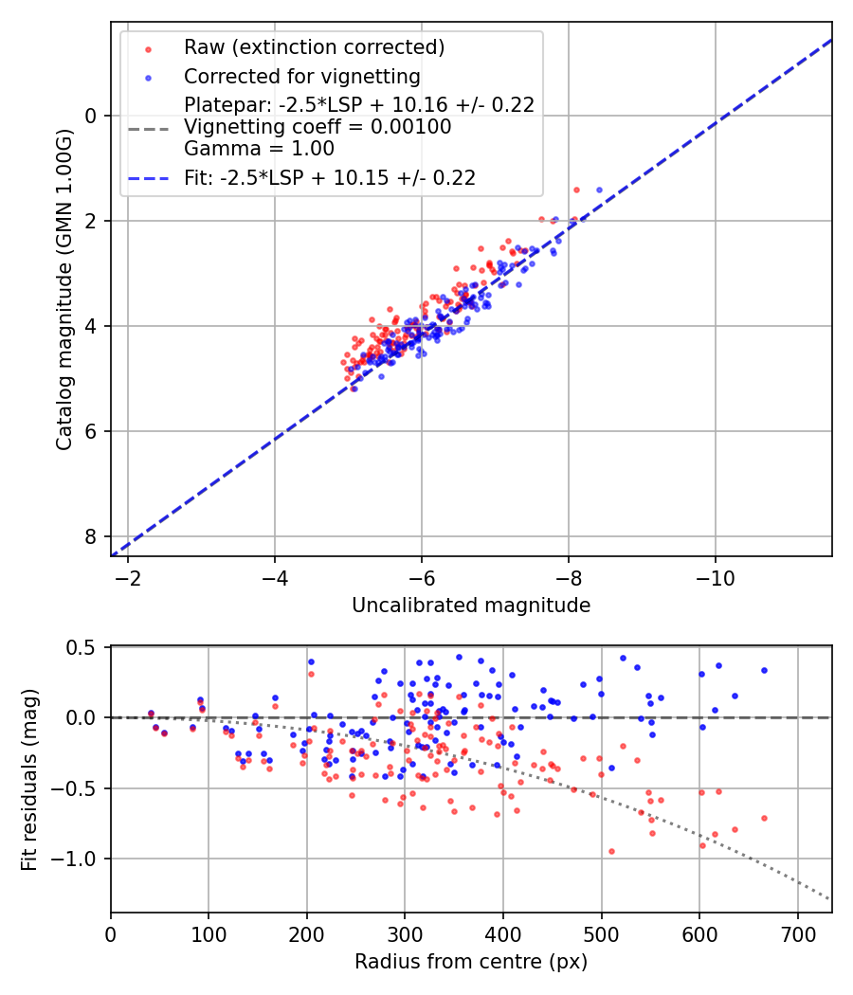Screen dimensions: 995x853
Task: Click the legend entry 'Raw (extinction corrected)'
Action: (x=314, y=47)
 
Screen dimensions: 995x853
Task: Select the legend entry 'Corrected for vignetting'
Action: (x=301, y=76)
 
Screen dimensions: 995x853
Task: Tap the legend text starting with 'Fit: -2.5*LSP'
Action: (x=329, y=177)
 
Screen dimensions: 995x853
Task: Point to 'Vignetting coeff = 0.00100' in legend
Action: (x=318, y=127)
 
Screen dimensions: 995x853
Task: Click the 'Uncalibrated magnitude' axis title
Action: (x=471, y=606)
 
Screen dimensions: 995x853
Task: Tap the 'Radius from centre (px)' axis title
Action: (x=471, y=962)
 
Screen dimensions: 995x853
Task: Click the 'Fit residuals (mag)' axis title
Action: (x=29, y=780)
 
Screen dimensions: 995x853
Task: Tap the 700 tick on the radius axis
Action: (x=797, y=933)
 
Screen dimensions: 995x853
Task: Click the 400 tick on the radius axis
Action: (x=503, y=933)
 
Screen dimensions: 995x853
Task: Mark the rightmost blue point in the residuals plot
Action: (x=764, y=670)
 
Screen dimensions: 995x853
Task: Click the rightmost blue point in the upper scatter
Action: (x=599, y=190)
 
